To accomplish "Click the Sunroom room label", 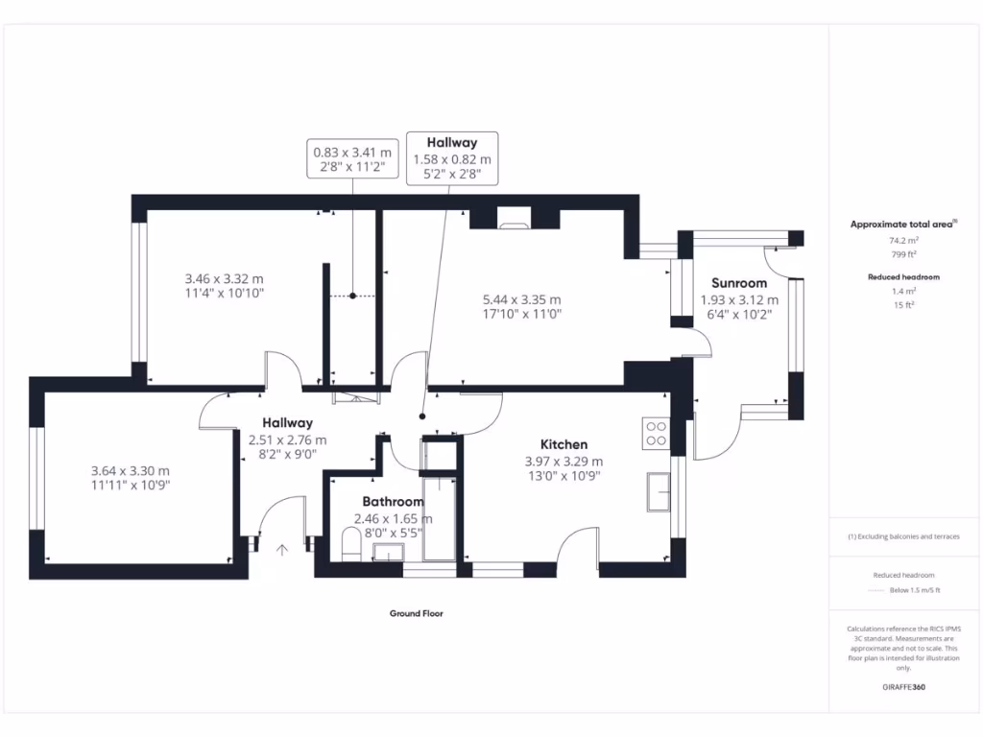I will (x=739, y=283).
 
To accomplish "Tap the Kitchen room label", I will (x=563, y=444).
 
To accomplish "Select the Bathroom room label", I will (x=393, y=502).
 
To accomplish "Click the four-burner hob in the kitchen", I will (x=657, y=434).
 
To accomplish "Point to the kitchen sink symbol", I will (x=659, y=491).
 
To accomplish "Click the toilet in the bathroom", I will (x=351, y=548).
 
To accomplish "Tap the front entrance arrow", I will (x=282, y=550).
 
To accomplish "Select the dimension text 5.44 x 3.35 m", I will (x=521, y=299).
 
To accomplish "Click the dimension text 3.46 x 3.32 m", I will (x=224, y=279).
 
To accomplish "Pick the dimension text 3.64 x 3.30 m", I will (x=130, y=471).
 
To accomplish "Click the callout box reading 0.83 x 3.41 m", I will (x=352, y=159).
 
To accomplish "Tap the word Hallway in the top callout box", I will (x=452, y=143).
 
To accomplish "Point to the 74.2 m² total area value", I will (x=902, y=241).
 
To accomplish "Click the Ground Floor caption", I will (x=416, y=613).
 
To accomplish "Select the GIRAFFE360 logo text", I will (x=902, y=687).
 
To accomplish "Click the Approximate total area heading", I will (x=902, y=225).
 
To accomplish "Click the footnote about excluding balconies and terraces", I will (x=902, y=536).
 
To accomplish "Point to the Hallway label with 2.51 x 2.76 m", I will (x=287, y=423).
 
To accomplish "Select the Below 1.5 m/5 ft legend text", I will (x=914, y=590).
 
